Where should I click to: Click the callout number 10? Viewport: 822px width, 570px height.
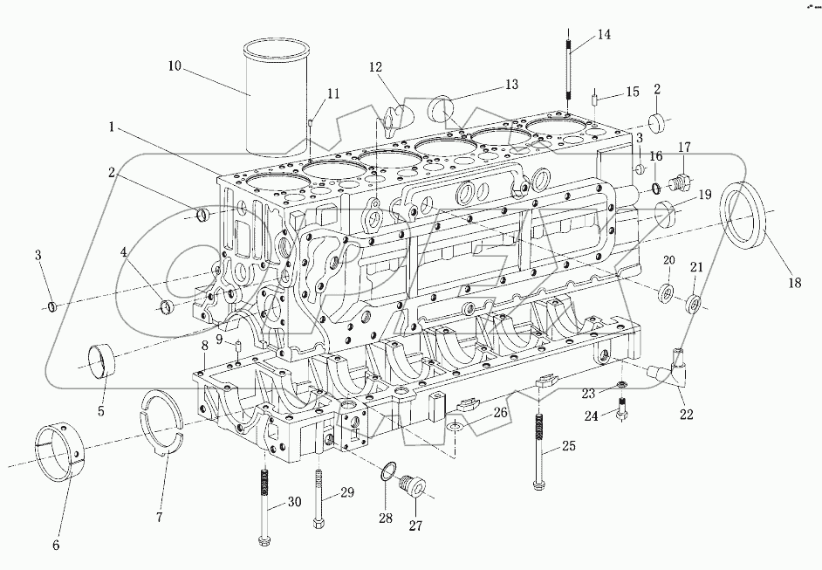pyautogui.click(x=175, y=65)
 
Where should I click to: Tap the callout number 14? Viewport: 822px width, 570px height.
pyautogui.click(x=604, y=35)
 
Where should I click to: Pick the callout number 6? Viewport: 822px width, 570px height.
pyautogui.click(x=56, y=546)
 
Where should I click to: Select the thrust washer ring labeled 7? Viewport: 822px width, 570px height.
pyautogui.click(x=163, y=420)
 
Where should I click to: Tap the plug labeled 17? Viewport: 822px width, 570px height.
pyautogui.click(x=678, y=183)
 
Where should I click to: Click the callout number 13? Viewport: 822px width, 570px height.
pyautogui.click(x=511, y=85)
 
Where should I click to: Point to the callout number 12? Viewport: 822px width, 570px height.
pyautogui.click(x=375, y=66)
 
